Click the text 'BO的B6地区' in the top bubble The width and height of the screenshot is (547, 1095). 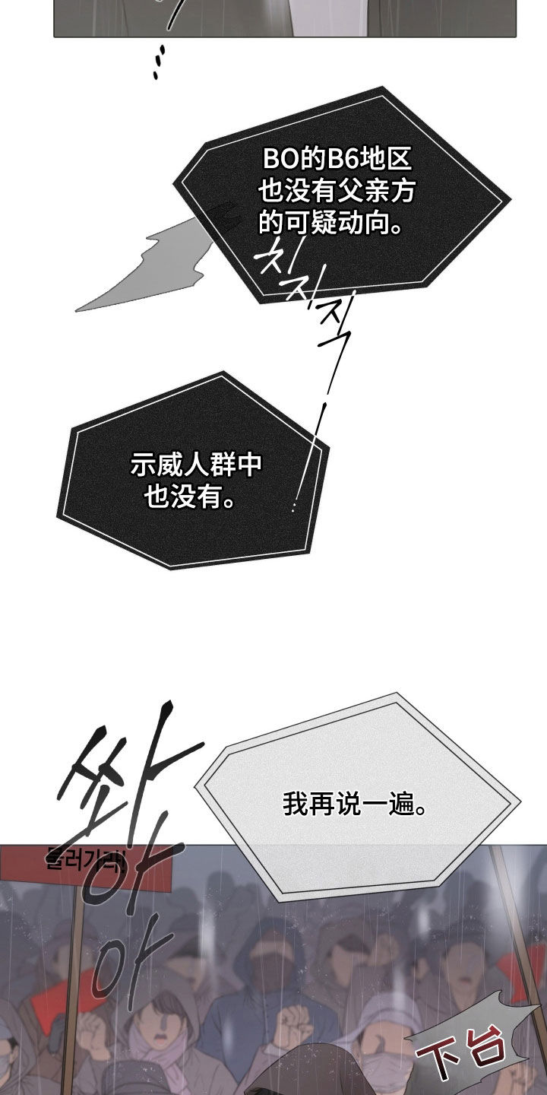pos(337,160)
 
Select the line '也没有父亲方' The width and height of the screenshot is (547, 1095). pos(337,192)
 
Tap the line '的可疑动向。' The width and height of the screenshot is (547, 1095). pos(330,223)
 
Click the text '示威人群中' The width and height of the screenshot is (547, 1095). pos(196,465)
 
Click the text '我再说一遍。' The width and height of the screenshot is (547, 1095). pos(355,804)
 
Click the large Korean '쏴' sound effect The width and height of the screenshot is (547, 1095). pos(125,791)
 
